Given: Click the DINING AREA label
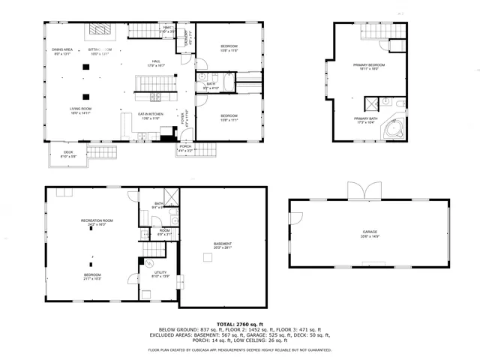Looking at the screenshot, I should click(61, 51).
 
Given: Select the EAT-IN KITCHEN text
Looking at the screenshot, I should click(151, 115).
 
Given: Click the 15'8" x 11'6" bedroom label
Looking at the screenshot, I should click(229, 49).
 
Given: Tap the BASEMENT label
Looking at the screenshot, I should click(223, 245).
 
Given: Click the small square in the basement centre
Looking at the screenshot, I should click(205, 258).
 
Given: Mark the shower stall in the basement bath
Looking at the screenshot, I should click(170, 198).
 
